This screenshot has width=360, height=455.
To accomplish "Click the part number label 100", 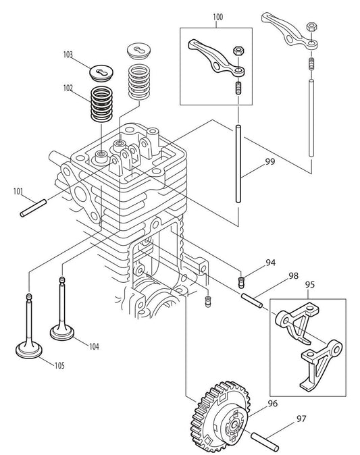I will [216, 17].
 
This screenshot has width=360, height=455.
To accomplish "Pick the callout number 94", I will [271, 263].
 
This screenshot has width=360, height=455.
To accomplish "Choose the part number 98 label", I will [293, 275].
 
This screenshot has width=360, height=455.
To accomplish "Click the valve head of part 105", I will [30, 351].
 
